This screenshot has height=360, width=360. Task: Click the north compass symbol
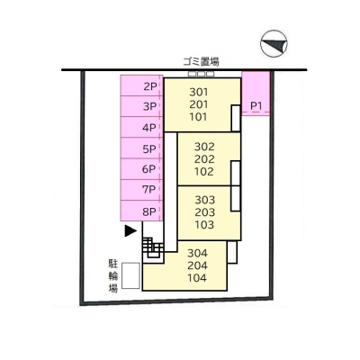[274, 43]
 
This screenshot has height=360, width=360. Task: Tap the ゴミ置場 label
[201, 62]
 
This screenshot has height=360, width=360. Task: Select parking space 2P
[141, 85]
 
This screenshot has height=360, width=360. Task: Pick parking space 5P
[141, 148]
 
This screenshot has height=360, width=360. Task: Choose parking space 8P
[141, 211]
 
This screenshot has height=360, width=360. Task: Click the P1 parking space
[256, 94]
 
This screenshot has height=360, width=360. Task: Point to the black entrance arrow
[130, 230]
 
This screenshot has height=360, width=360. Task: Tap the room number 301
[199, 92]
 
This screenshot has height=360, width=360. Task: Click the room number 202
[204, 159]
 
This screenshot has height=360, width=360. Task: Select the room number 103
[204, 224]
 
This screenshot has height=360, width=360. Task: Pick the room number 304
[197, 253]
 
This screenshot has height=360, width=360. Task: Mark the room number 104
[197, 278]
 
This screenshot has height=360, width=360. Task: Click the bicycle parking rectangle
[130, 275]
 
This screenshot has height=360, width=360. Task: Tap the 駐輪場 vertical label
[113, 276]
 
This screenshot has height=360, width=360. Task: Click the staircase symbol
[153, 247]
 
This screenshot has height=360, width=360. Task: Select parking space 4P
[141, 127]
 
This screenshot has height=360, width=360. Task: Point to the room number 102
[204, 172]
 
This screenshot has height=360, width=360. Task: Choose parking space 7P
[141, 190]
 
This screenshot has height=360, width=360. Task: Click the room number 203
[204, 212]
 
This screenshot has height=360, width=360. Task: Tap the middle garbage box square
[201, 74]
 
